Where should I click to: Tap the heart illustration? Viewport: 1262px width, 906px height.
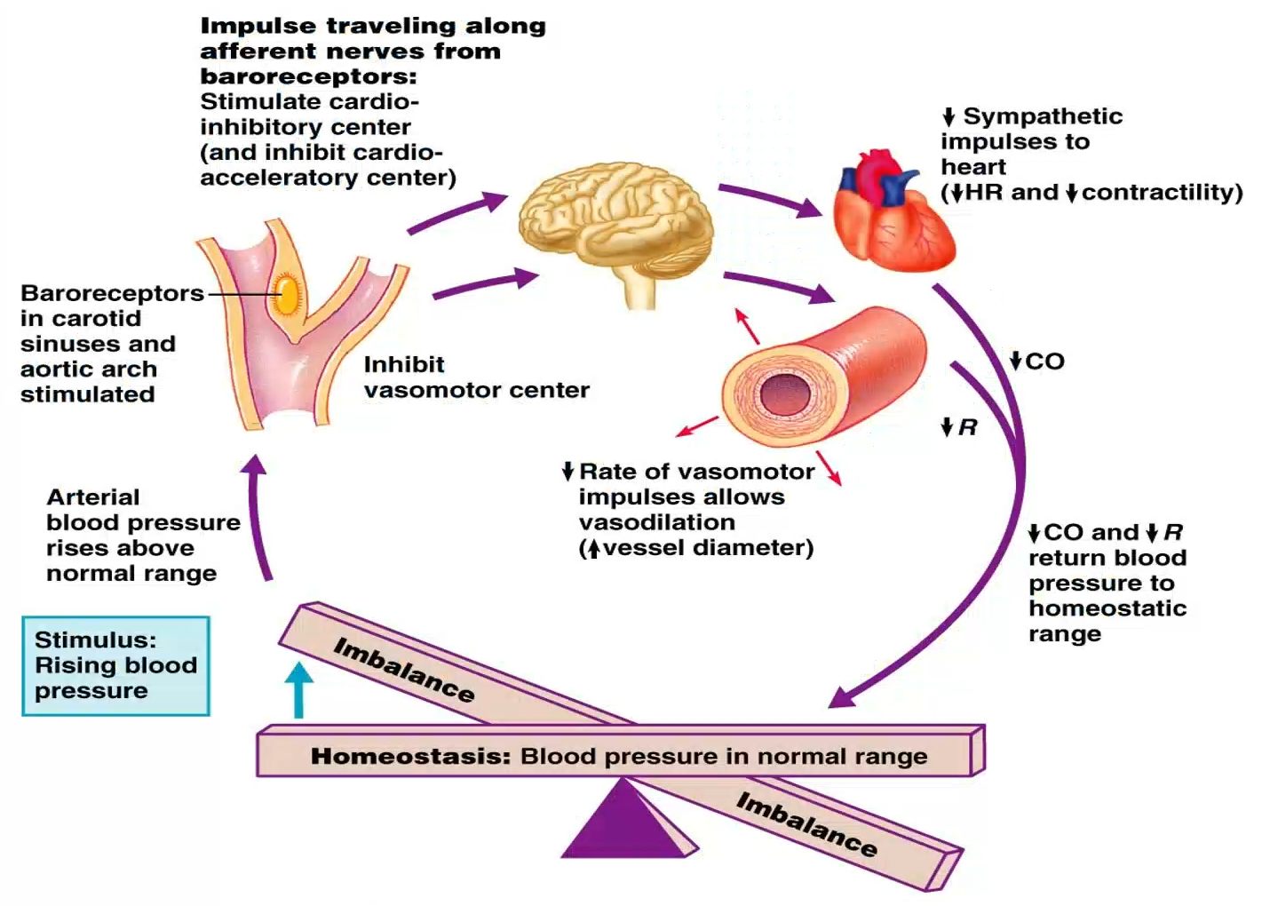click(x=893, y=213)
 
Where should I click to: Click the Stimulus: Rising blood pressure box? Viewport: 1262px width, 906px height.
click(x=115, y=665)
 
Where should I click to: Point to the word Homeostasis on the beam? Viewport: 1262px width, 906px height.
click(x=410, y=757)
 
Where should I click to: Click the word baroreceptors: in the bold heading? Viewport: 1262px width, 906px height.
click(x=308, y=76)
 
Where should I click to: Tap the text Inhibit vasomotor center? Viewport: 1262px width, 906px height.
click(x=476, y=377)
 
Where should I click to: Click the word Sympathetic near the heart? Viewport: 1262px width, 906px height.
click(x=1043, y=116)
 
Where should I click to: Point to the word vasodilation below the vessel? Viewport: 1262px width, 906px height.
click(x=656, y=522)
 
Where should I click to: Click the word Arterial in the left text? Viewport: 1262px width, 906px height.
click(x=93, y=497)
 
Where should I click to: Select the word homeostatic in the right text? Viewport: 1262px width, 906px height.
click(x=1107, y=608)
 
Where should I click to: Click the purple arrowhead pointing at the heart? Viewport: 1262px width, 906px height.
click(x=810, y=210)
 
